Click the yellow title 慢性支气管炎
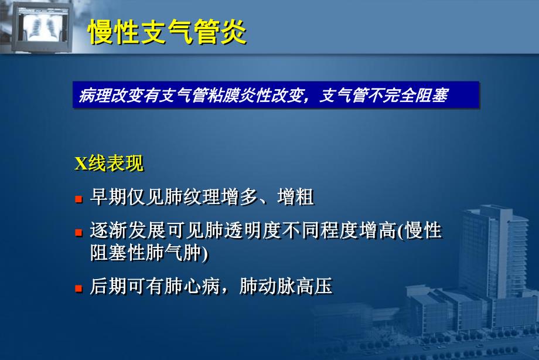coord(167,33)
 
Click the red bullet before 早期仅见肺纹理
coord(78,199)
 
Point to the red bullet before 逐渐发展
coord(78,232)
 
